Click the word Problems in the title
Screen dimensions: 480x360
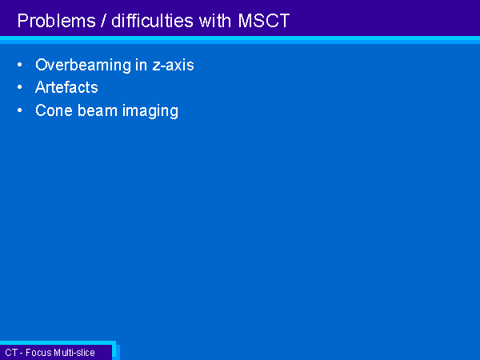(57, 21)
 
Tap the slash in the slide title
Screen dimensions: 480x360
(103, 21)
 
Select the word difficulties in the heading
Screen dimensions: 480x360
(152, 21)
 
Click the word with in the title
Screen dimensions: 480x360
(214, 21)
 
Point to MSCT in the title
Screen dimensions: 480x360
(263, 21)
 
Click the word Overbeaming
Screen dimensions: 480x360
(83, 66)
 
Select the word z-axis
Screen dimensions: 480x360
(174, 66)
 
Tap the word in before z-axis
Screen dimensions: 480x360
(141, 66)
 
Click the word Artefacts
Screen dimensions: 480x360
(66, 87)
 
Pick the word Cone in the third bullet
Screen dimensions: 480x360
(54, 110)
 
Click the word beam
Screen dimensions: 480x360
(98, 110)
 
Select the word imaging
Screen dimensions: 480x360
(150, 111)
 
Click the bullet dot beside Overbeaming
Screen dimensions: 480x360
(20, 65)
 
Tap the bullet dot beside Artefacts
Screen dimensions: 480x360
(20, 87)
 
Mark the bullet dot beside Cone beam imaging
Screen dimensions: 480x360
(20, 110)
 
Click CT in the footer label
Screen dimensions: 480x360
(11, 353)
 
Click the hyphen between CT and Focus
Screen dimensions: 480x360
(22, 354)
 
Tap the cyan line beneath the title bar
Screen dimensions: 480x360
(240, 40)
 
